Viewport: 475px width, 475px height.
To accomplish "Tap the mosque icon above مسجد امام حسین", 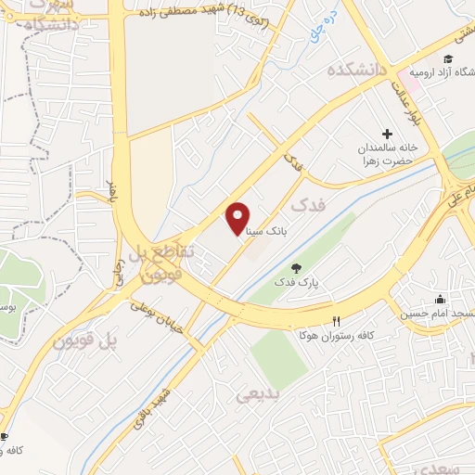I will [x=440, y=300].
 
